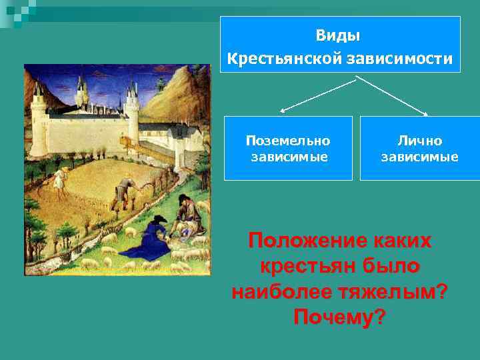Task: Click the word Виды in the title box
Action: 339,34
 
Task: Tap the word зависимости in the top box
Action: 399,59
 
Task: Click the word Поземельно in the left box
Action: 288,141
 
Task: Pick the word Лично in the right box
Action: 419,141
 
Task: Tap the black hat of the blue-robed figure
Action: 159,219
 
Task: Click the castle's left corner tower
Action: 39,123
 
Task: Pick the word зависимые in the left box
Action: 288,157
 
